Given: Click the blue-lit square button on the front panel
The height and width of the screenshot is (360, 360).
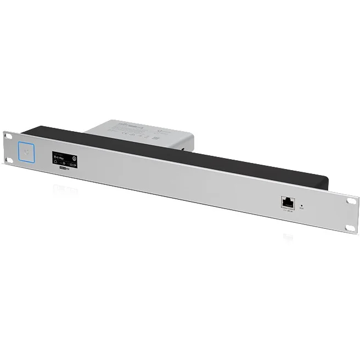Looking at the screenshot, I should [x=26, y=151].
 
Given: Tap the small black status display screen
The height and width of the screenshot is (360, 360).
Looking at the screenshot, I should [x=65, y=159].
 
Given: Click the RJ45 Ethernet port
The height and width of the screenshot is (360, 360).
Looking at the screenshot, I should [x=286, y=202].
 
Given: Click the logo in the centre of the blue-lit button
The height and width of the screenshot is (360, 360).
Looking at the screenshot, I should [x=26, y=151].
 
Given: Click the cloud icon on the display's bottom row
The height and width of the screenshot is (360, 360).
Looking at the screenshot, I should [x=56, y=162].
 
